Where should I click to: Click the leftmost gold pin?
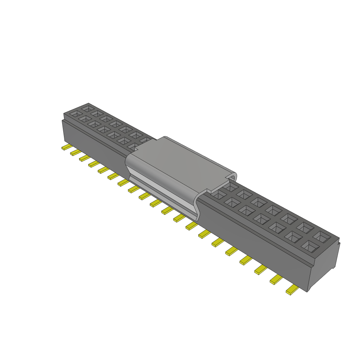[x=66, y=148]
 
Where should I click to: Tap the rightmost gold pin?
[x=292, y=290]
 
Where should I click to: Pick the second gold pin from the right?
[x=276, y=280]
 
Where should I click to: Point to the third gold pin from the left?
[x=84, y=158]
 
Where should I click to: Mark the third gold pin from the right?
[x=261, y=270]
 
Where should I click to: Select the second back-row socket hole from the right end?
[x=305, y=227]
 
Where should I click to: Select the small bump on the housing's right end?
[x=339, y=243]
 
